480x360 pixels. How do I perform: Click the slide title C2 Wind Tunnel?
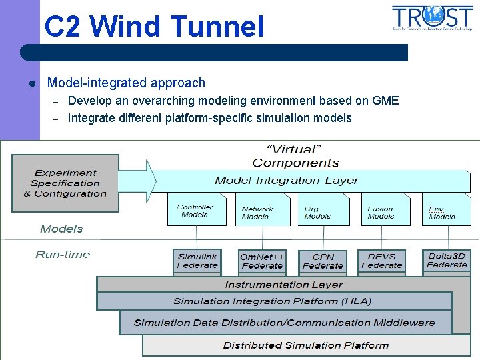click(154, 27)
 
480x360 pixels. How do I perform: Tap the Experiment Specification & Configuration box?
click(65, 183)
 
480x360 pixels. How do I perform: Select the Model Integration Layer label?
click(287, 181)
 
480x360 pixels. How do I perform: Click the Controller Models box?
click(196, 211)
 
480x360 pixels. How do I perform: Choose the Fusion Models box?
click(381, 212)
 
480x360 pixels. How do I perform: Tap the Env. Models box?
click(442, 212)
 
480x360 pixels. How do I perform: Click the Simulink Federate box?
click(197, 261)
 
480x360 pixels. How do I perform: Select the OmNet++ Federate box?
click(262, 261)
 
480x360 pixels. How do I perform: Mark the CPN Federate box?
click(323, 261)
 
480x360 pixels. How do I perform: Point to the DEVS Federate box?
click(381, 261)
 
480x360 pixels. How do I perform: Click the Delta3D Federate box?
click(447, 260)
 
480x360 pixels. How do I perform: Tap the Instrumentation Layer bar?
click(284, 285)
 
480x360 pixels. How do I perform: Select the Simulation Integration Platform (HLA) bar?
click(273, 301)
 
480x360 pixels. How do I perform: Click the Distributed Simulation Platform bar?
click(306, 345)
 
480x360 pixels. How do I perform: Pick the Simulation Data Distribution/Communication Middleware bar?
click(285, 323)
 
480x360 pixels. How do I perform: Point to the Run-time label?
click(63, 255)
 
